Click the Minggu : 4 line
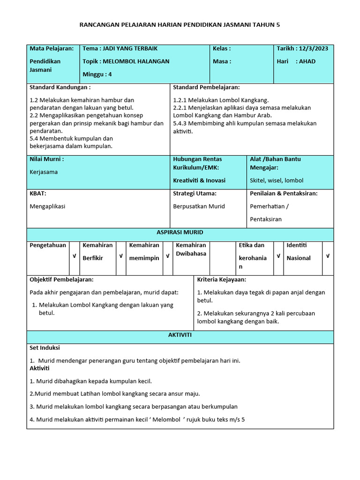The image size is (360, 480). pyautogui.click(x=97, y=74)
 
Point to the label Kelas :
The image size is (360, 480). pyautogui.click(x=222, y=49)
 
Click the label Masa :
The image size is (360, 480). pyautogui.click(x=222, y=61)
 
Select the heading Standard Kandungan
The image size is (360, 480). pyautogui.click(x=60, y=88)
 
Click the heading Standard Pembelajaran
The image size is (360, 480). pyautogui.click(x=206, y=88)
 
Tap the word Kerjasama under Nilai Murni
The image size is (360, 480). pyautogui.click(x=44, y=172)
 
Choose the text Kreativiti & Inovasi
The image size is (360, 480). pyautogui.click(x=199, y=180)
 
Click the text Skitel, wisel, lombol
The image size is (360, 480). pyautogui.click(x=277, y=180)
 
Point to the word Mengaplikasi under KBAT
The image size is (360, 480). pyautogui.click(x=47, y=206)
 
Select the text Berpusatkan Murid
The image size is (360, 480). pyautogui.click(x=199, y=206)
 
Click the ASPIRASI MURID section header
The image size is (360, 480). pyautogui.click(x=180, y=232)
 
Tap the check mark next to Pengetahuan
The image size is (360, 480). pyautogui.click(x=74, y=256)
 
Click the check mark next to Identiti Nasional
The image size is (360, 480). pyautogui.click(x=328, y=256)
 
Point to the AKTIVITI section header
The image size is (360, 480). pyautogui.click(x=180, y=336)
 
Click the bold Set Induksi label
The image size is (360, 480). pyautogui.click(x=45, y=348)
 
